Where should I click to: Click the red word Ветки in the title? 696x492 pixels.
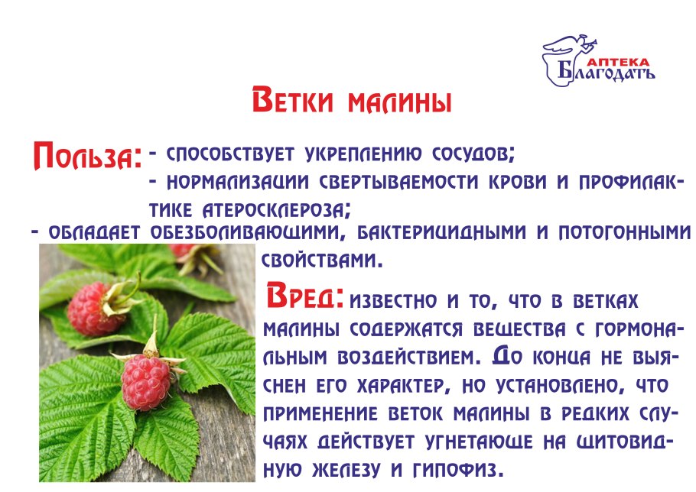(x=292, y=100)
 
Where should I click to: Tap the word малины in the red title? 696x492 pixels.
(x=399, y=102)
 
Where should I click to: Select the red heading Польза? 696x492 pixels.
(x=88, y=155)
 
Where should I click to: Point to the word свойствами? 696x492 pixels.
(x=322, y=261)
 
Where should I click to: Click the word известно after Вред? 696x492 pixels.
(x=393, y=302)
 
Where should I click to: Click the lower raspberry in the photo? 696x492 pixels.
(x=145, y=382)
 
